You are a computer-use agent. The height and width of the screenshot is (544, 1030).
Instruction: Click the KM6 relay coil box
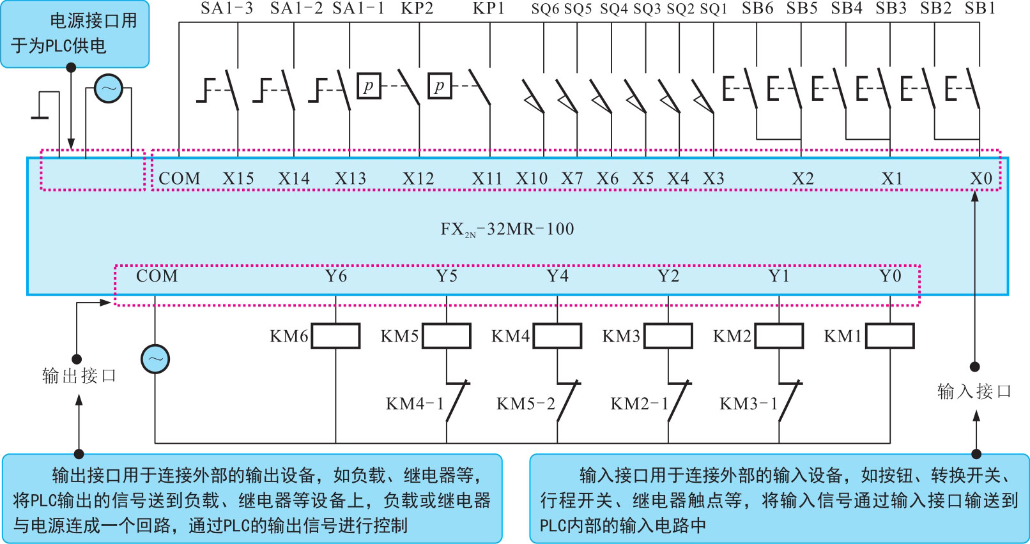(335, 336)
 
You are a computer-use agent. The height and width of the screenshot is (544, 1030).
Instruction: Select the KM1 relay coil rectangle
(889, 336)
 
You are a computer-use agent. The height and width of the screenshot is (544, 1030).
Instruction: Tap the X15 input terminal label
(238, 179)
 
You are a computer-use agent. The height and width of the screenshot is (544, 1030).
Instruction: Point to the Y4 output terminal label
(557, 276)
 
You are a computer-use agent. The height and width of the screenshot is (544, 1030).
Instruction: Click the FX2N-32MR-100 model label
(507, 229)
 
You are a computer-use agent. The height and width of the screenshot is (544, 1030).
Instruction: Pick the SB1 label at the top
(980, 8)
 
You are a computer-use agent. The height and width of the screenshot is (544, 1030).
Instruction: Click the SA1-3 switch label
(227, 8)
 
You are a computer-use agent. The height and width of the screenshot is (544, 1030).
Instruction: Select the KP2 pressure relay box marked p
(369, 86)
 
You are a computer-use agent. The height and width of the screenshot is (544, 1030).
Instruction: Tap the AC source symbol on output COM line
(155, 359)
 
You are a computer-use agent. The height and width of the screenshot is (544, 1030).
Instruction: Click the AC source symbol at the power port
(109, 89)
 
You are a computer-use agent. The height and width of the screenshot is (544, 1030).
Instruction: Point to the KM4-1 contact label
(415, 404)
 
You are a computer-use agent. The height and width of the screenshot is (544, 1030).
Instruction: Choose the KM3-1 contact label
(748, 404)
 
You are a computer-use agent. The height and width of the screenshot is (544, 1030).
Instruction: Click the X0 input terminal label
(981, 179)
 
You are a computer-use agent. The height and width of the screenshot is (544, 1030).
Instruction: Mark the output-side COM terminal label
(157, 276)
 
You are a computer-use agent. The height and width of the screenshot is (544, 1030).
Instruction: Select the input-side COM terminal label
(180, 179)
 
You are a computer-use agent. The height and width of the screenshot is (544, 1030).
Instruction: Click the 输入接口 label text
(974, 391)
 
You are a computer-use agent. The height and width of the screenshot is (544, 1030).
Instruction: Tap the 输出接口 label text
(79, 375)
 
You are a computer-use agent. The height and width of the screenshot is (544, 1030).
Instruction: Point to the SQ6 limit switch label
(545, 9)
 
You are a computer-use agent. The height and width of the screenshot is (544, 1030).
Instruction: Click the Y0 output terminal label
(890, 276)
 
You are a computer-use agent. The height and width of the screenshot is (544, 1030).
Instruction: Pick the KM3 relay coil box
(668, 336)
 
